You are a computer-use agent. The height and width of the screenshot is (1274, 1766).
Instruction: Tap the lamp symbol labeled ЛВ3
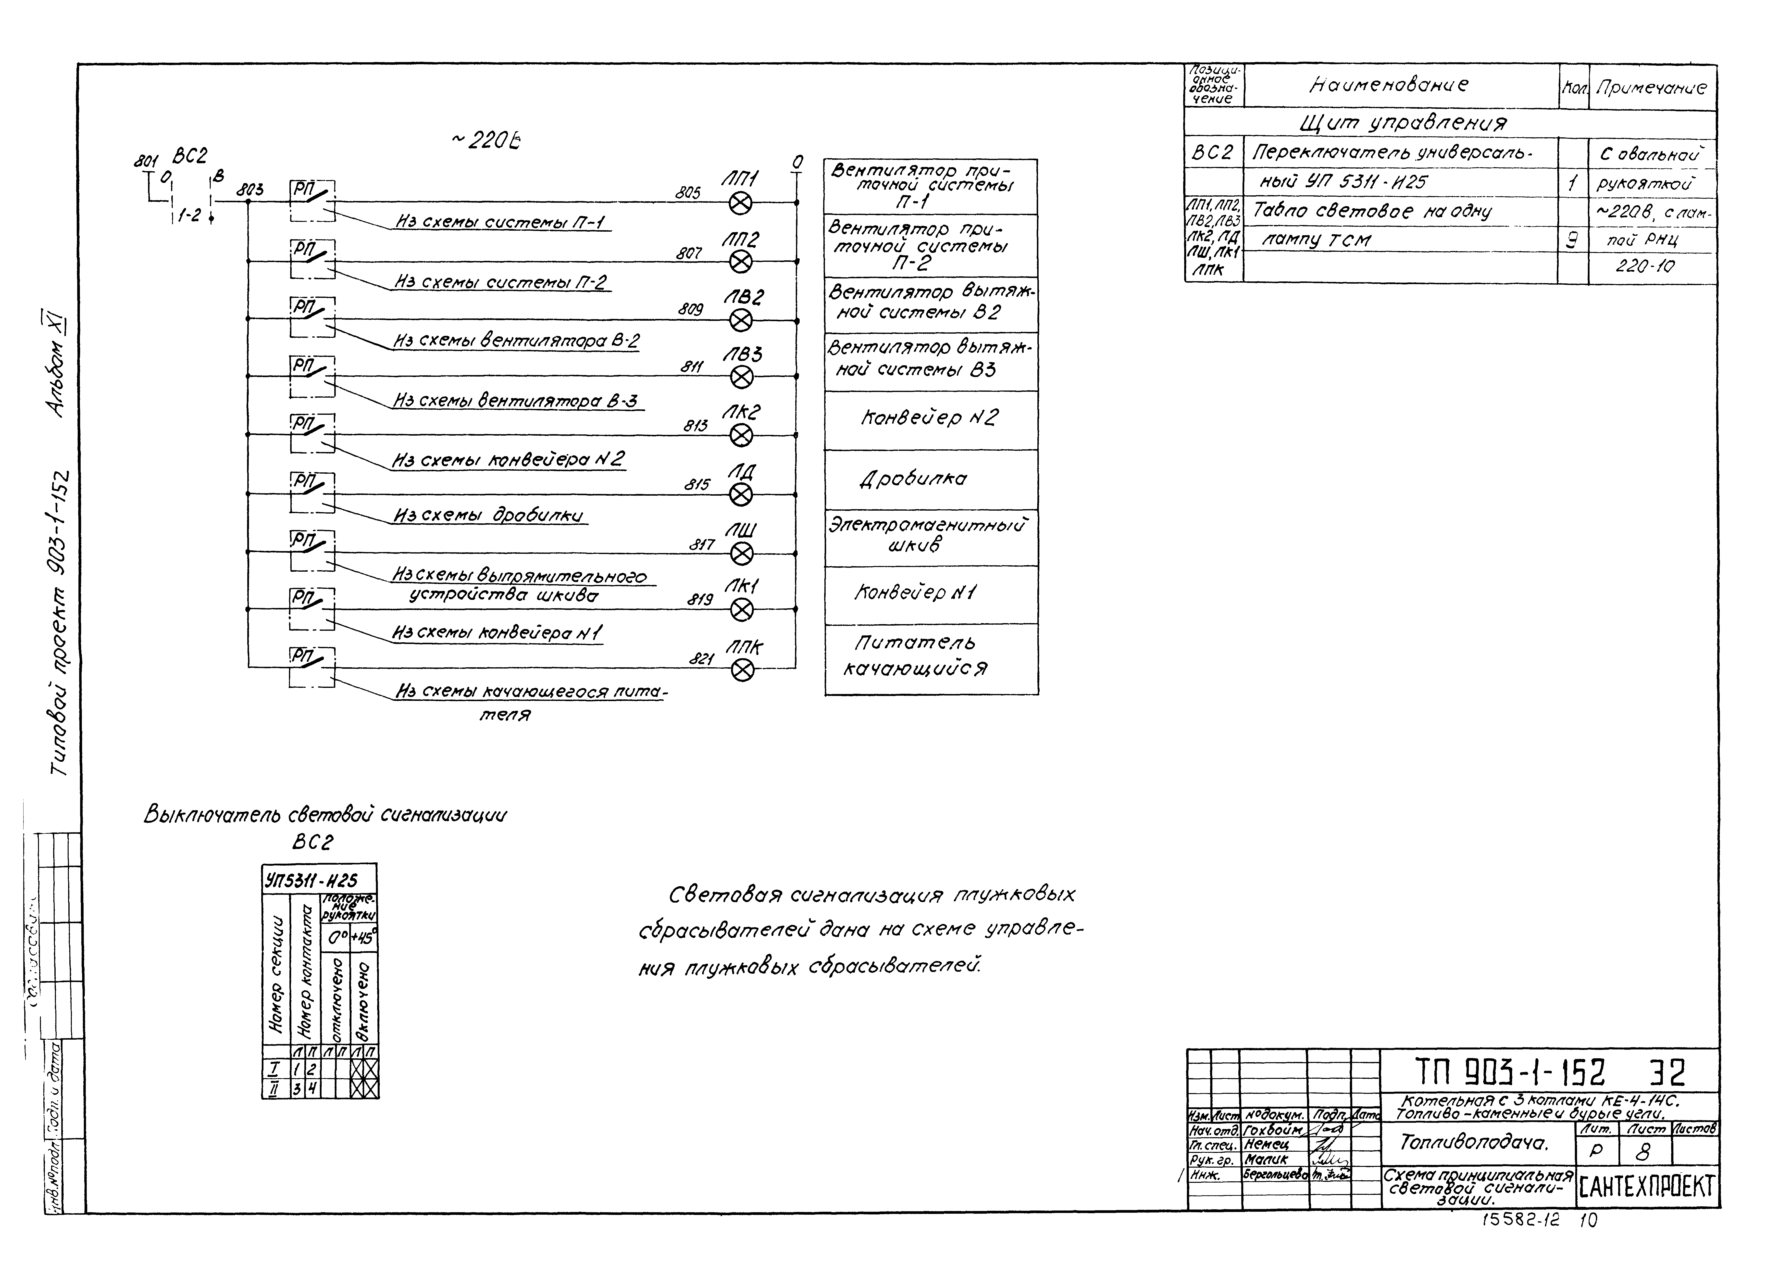(742, 378)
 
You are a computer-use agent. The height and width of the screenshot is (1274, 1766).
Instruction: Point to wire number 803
(250, 189)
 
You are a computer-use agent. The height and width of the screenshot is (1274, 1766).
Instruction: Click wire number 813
(695, 426)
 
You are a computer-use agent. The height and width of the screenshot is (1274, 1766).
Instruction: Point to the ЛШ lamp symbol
(742, 554)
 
